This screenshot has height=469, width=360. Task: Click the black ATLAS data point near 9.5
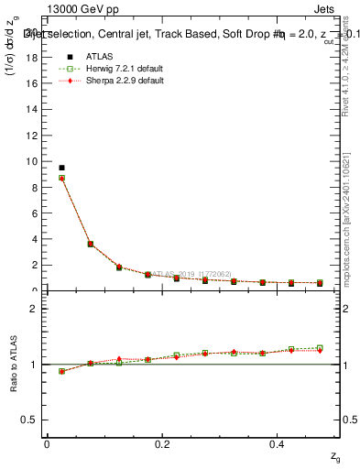tap(61, 168)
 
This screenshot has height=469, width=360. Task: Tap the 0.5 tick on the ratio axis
tap(32, 420)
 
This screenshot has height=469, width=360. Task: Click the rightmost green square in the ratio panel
tap(320, 348)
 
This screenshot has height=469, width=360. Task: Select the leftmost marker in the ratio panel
tap(61, 371)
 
